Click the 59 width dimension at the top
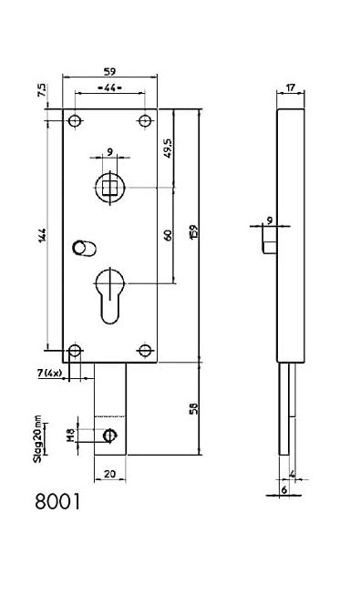tap(109, 72)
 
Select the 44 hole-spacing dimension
tap(109, 88)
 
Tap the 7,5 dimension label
tap(42, 90)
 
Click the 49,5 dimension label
tap(169, 148)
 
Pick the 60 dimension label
tap(169, 235)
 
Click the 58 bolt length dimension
tap(194, 408)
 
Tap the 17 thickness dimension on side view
tap(290, 87)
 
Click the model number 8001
tap(57, 501)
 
